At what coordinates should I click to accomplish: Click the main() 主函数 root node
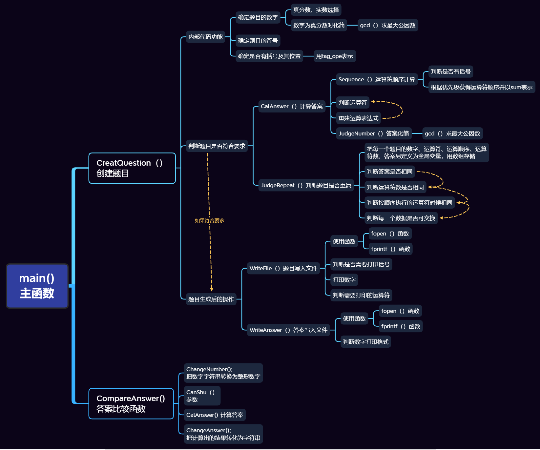[37, 286]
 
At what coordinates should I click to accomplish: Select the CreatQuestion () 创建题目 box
[132, 168]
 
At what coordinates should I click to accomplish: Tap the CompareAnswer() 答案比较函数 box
[131, 403]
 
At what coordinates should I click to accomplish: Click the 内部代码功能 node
[205, 37]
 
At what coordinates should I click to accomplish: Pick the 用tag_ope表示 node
[335, 56]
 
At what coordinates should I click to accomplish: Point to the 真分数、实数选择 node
[316, 10]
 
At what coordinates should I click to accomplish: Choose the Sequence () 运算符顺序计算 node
[377, 79]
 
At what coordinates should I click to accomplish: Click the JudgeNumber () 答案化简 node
[374, 133]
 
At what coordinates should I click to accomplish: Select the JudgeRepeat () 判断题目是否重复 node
[306, 185]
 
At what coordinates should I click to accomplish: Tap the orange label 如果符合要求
[209, 220]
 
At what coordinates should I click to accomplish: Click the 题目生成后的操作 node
[211, 299]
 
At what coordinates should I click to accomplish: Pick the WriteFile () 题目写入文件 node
[283, 268]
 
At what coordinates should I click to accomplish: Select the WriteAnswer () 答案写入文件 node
[288, 330]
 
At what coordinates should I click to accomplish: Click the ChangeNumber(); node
[223, 373]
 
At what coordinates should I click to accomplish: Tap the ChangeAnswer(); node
[223, 434]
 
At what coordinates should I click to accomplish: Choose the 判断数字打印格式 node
[365, 342]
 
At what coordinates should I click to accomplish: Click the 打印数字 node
[344, 280]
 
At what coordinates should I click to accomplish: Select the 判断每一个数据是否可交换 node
[401, 218]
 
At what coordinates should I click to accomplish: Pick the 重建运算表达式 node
[358, 118]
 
